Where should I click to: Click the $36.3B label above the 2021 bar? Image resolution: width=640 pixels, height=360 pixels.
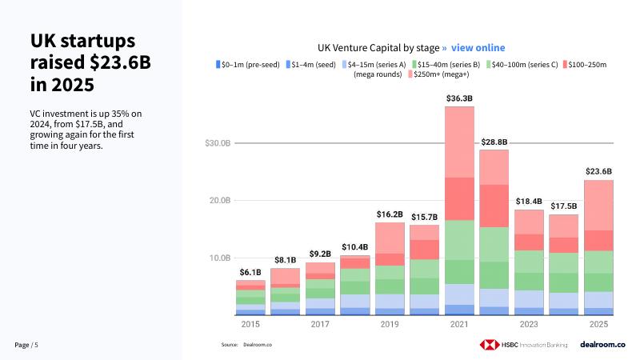click(x=459, y=98)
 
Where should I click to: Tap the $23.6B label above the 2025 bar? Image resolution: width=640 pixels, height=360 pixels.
click(x=598, y=171)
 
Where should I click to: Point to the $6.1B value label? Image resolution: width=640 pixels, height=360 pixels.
click(x=250, y=272)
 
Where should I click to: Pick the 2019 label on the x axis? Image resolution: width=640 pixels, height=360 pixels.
click(x=390, y=324)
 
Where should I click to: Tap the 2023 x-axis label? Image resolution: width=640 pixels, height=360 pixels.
click(x=529, y=324)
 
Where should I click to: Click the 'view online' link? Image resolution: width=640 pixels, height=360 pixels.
click(x=478, y=48)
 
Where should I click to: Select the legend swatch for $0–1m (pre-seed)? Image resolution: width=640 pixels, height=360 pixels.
click(x=218, y=64)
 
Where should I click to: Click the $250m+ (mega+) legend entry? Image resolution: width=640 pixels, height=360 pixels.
click(x=438, y=74)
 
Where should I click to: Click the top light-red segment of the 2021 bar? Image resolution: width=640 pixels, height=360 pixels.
click(x=459, y=142)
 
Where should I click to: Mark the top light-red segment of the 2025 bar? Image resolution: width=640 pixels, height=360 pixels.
click(x=598, y=205)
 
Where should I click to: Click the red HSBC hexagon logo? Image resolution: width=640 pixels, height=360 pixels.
click(x=489, y=344)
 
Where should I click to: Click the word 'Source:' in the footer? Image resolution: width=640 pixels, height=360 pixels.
click(x=230, y=345)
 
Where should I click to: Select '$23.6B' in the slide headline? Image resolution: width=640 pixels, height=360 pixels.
click(x=116, y=62)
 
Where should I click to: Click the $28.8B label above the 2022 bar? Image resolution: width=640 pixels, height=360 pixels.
click(x=494, y=142)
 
